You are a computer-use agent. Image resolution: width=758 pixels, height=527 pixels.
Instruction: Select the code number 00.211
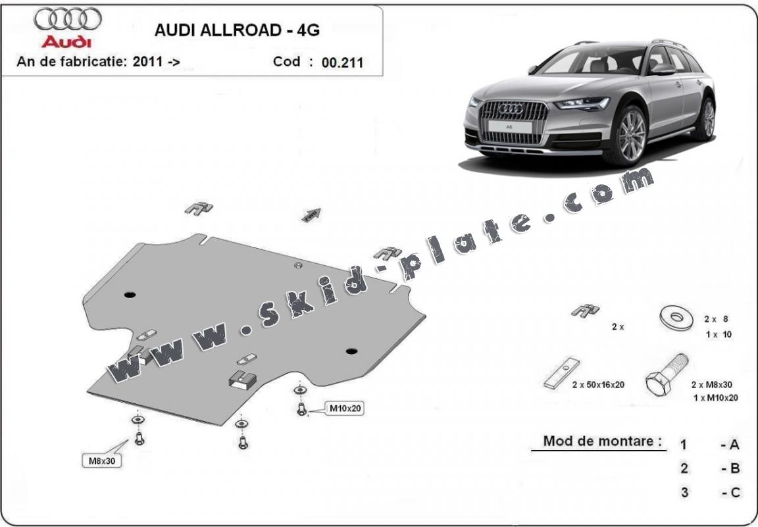click(342, 64)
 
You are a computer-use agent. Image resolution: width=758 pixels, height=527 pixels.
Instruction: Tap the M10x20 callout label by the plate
click(345, 409)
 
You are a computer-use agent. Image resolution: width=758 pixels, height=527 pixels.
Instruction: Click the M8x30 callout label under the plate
click(101, 461)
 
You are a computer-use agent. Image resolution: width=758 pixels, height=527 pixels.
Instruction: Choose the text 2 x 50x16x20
click(597, 385)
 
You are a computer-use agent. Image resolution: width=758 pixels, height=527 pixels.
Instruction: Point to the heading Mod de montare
click(602, 441)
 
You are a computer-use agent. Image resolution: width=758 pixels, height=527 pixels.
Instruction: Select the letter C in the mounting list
click(734, 492)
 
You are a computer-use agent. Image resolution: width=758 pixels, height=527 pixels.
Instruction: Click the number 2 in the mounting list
click(684, 468)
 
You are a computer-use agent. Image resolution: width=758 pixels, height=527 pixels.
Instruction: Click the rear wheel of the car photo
click(707, 120)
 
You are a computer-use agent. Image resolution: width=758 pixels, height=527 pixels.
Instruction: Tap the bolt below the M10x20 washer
click(302, 411)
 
